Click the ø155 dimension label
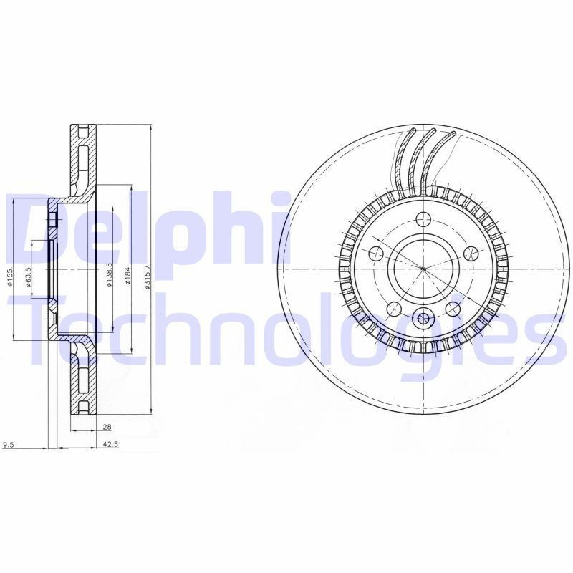tap(11, 276)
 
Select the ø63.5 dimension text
tap(29, 276)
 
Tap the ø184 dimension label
tap(127, 276)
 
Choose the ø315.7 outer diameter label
tap(148, 276)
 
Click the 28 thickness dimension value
tap(107, 427)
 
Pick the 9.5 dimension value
tap(9, 444)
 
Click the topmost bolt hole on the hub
tap(423, 219)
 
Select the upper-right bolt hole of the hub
tap(471, 253)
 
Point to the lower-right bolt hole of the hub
tap(453, 309)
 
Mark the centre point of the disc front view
tap(423, 269)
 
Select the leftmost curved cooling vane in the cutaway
tap(402, 161)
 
